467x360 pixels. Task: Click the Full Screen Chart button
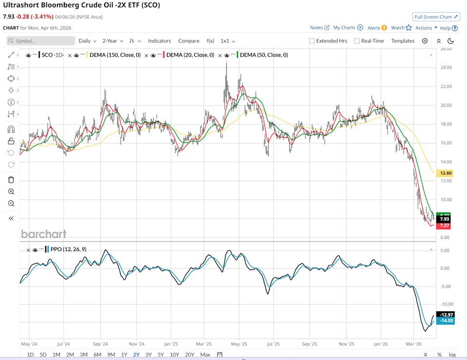436,17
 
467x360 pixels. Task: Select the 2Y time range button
137,355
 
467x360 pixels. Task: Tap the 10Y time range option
174,355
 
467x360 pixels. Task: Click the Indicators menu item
160,41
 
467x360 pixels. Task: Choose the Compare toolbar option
188,41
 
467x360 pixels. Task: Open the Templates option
403,41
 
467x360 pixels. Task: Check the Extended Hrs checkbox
312,41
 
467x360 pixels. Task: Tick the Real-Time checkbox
357,41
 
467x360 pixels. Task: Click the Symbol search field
41,41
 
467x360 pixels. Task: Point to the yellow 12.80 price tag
446,173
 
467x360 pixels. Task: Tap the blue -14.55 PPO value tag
446,321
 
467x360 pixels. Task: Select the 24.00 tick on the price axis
446,67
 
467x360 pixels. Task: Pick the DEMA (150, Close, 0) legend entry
114,55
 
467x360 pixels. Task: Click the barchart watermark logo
43,234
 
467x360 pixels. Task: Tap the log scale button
453,355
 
